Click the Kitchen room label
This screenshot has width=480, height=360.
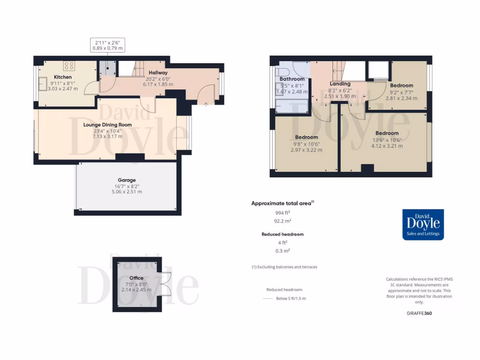coord(63,77)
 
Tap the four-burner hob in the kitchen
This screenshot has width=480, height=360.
coord(69,66)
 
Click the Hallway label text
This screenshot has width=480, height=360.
coord(158,73)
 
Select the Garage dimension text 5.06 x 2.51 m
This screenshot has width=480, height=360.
coord(127,192)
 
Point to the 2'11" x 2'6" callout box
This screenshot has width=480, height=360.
coord(107,45)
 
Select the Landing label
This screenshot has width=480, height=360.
coord(340,84)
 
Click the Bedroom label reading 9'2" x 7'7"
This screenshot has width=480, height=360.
coord(401,85)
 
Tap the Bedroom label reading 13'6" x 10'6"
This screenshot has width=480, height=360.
coord(387,133)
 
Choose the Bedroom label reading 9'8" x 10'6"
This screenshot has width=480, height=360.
coord(306,137)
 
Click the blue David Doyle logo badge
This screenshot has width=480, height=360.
coord(423,224)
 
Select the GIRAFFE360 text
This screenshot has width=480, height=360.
coord(419,313)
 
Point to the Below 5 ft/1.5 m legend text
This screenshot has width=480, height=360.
coord(291,299)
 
